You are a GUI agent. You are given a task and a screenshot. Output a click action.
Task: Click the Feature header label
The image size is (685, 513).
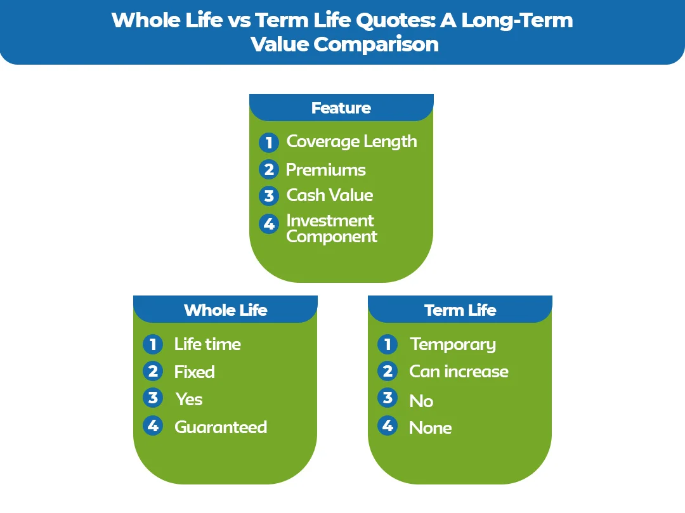click(341, 108)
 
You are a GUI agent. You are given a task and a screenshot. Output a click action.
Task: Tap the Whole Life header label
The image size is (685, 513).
click(225, 310)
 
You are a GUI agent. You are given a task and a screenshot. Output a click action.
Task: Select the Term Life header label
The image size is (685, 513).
click(460, 310)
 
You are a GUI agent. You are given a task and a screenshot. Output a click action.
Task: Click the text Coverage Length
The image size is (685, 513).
click(351, 141)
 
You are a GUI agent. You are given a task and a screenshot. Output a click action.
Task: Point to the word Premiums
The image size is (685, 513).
click(325, 170)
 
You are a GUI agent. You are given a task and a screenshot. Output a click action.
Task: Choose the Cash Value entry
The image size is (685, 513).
click(329, 195)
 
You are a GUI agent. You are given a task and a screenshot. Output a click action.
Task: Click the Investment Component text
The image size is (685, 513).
click(331, 228)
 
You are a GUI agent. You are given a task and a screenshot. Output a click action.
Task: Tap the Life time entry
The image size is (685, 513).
click(207, 344)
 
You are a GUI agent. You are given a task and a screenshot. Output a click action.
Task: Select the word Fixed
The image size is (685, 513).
click(194, 372)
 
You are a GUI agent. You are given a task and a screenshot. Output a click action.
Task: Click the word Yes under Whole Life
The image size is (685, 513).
click(189, 399)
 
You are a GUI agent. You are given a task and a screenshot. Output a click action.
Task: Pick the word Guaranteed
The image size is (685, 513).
click(221, 427)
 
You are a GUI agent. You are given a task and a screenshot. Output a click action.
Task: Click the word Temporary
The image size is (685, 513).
click(453, 344)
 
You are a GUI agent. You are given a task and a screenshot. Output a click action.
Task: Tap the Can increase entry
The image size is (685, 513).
click(459, 371)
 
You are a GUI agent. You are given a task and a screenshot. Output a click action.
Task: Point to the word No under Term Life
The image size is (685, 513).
click(421, 401)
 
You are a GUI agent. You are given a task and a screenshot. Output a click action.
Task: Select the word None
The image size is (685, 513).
click(430, 428)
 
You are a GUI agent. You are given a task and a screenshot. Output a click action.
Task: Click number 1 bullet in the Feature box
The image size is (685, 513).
click(269, 143)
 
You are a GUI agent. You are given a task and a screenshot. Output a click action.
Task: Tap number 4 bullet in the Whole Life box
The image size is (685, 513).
click(153, 425)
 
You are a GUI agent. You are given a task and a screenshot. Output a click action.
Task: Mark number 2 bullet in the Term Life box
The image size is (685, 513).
click(388, 370)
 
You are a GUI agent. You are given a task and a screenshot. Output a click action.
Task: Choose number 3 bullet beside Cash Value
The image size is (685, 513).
click(269, 196)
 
